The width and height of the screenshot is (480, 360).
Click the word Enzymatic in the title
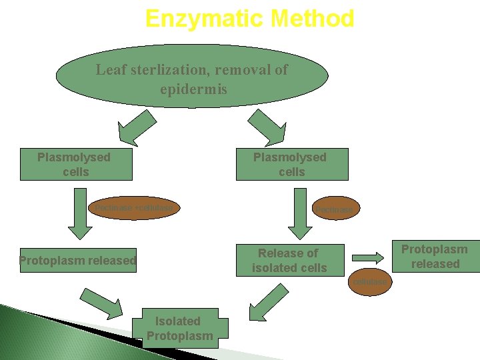pos(199,19)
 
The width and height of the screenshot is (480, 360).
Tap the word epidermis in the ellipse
pos(193,89)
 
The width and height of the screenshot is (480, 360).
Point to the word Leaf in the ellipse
pos(111,69)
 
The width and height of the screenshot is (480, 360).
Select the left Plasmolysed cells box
pos(76,165)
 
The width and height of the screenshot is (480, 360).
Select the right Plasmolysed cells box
pos(292,165)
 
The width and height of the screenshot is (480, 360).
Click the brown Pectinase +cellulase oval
pos(133,208)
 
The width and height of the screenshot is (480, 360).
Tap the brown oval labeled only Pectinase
pos(335,209)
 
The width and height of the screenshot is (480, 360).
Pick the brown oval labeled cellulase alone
pos(370,282)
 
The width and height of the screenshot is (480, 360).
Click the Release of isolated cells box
pos(289,260)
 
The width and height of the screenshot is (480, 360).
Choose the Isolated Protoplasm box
pos(180,328)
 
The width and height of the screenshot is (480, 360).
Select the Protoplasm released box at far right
pos(435,257)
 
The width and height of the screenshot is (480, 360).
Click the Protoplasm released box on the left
pos(77,260)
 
